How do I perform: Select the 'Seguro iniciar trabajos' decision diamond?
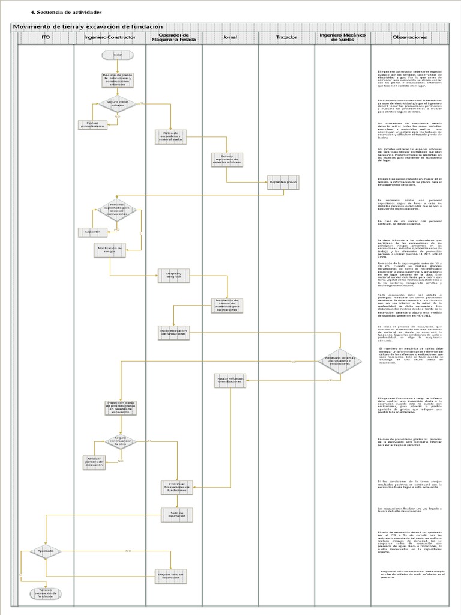click(117, 103)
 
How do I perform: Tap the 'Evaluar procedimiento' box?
click(92, 125)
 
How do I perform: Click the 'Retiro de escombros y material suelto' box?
click(172, 136)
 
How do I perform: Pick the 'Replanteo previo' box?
click(283, 182)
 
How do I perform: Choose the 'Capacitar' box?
click(92, 231)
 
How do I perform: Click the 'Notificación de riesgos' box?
click(110, 250)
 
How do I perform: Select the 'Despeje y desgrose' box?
click(173, 275)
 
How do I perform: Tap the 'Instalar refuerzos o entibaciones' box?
click(230, 380)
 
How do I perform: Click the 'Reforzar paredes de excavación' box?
click(94, 462)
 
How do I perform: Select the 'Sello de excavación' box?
click(177, 515)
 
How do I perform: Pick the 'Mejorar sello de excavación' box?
click(171, 575)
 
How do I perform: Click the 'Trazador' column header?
click(286, 37)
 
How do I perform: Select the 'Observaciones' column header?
click(409, 37)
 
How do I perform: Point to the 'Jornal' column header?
click(230, 37)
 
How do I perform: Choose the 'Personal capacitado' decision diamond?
click(117, 210)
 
